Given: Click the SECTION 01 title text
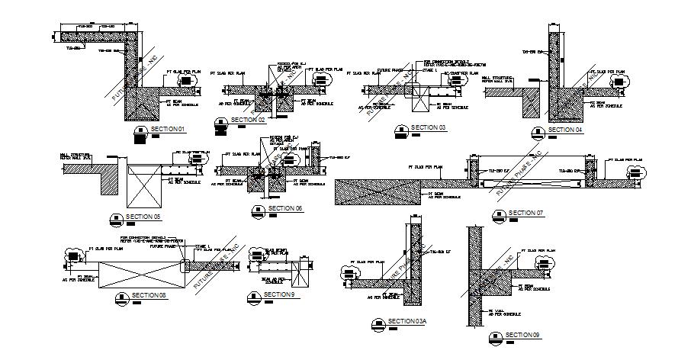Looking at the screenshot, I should pyautogui.click(x=168, y=130).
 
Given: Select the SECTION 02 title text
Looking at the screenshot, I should pyautogui.click(x=249, y=120).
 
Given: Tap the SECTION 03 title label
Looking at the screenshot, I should pyautogui.click(x=428, y=127).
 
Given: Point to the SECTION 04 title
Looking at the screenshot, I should pyautogui.click(x=565, y=130).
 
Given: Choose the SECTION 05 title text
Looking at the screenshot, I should pyautogui.click(x=144, y=217).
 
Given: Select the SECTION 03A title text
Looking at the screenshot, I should pyautogui.click(x=406, y=321).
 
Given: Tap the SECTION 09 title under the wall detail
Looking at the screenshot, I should pyautogui.click(x=522, y=335).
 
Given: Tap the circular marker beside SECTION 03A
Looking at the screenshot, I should pyautogui.click(x=377, y=323).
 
